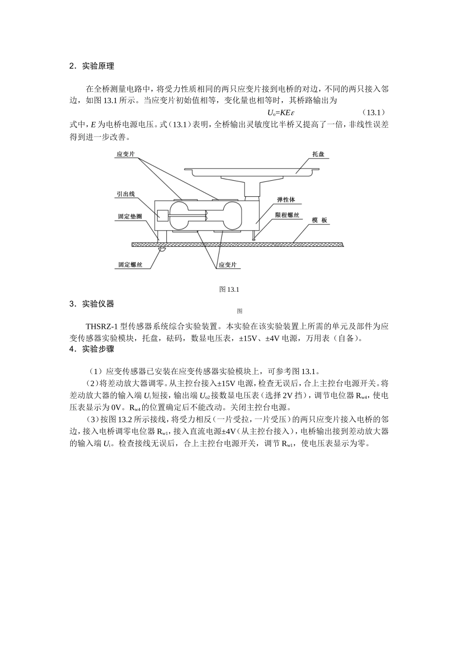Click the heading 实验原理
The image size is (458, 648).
coord(98,66)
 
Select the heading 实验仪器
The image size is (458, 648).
coord(98,304)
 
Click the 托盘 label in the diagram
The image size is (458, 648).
coord(318,154)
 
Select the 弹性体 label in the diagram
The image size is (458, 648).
coord(286,200)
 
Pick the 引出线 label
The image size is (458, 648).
coord(125,194)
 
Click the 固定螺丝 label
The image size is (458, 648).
coord(130,265)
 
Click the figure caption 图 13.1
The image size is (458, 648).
coord(229,289)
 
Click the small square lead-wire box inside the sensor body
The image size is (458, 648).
coord(162,215)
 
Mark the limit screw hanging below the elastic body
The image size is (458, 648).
coord(254,236)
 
